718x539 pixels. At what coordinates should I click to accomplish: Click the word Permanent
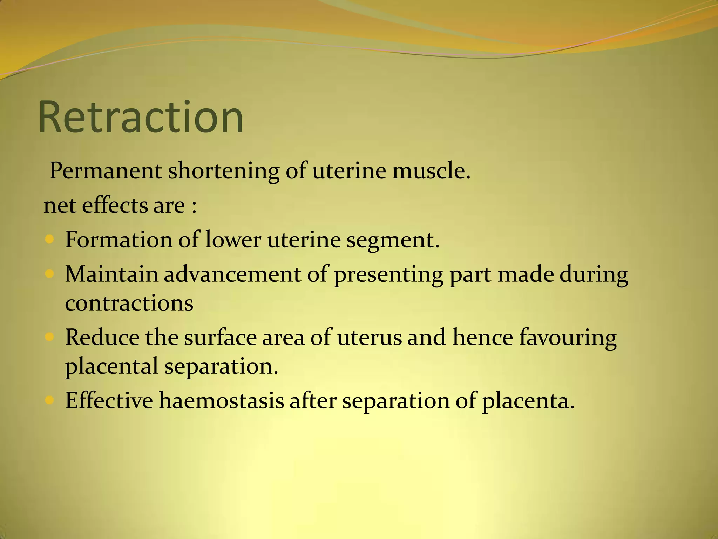click(106, 171)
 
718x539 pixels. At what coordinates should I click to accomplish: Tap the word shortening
click(223, 171)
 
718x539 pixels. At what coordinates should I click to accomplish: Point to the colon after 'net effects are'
click(194, 206)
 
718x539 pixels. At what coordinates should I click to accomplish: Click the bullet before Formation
click(49, 240)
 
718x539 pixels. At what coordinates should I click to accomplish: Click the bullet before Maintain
click(49, 274)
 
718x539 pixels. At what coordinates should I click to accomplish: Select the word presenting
click(388, 275)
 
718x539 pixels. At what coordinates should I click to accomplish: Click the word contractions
click(129, 303)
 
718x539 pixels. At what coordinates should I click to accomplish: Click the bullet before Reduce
click(49, 337)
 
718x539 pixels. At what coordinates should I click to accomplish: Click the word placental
click(111, 367)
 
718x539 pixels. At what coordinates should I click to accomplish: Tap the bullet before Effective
click(49, 400)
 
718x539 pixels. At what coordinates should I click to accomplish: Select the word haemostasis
click(221, 400)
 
